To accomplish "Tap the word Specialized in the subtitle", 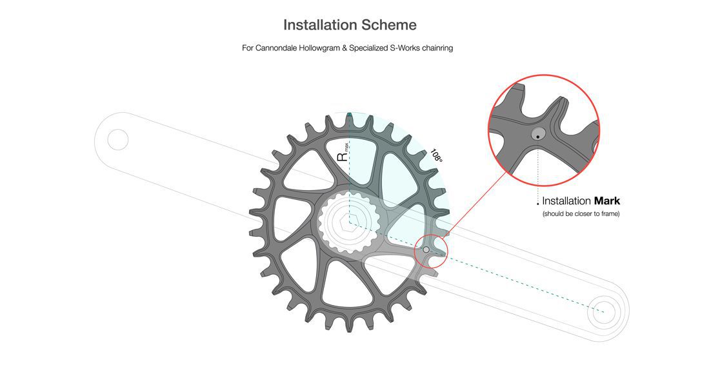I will [370, 48].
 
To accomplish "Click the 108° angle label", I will [437, 156].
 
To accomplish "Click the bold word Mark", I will [607, 201].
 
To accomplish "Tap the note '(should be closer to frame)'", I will [581, 213].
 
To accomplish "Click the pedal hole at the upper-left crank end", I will [117, 139].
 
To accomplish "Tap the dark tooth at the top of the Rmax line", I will [349, 119].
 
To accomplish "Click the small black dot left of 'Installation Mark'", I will [538, 204].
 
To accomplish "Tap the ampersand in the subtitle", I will [344, 48].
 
